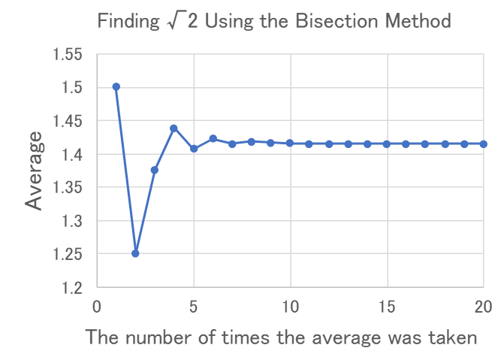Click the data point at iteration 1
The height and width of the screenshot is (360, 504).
tap(116, 87)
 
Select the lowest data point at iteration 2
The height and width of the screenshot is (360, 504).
tap(135, 253)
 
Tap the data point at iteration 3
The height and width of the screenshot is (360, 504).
tap(155, 170)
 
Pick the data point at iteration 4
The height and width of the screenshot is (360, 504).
tap(174, 129)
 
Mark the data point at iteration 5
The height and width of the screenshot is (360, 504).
tap(194, 149)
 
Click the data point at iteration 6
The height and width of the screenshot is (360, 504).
tap(213, 138)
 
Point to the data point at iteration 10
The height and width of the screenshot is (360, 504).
tap(290, 143)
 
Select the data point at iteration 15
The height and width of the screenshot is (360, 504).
tap(387, 144)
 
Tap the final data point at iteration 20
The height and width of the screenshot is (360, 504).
tap(484, 144)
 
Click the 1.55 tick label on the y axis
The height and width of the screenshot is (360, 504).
tap(69, 55)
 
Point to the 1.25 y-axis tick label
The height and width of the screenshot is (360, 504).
tap(69, 254)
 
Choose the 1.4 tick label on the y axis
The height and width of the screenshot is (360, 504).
tap(74, 155)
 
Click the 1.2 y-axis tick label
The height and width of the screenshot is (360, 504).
tap(74, 287)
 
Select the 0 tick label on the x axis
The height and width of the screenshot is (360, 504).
tap(96, 307)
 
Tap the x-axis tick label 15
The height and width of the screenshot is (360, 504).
tap(387, 307)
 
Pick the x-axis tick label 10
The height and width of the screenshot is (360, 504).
tap(290, 307)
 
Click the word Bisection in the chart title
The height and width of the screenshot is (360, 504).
tap(326, 21)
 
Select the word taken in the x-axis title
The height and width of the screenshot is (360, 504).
tap(451, 337)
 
